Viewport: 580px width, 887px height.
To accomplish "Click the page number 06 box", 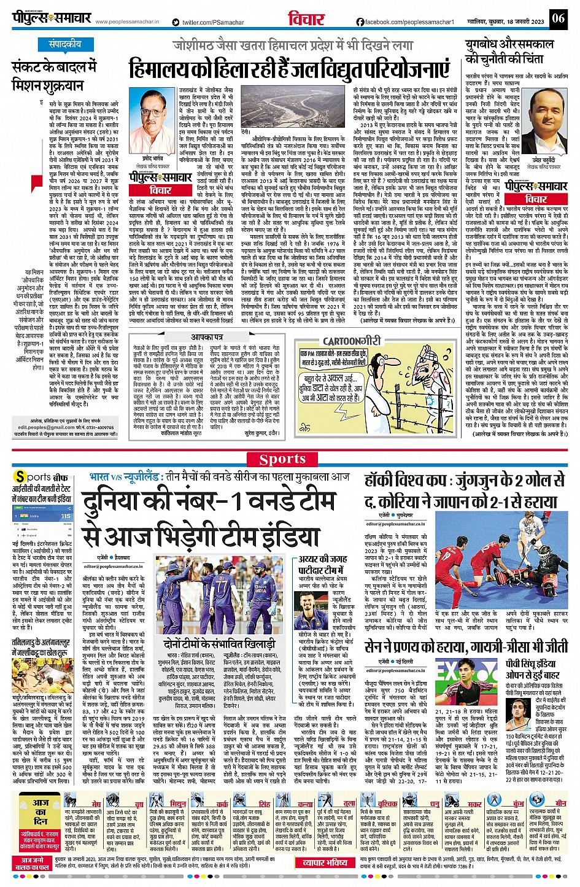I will coord(557,18).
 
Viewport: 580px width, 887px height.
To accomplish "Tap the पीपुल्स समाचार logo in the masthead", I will coord(53,18).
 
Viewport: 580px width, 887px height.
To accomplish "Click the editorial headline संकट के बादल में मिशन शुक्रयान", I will coord(48,76).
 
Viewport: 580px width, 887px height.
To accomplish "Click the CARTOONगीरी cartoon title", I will coord(352,341).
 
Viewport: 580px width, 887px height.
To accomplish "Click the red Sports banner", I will coord(282,459).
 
